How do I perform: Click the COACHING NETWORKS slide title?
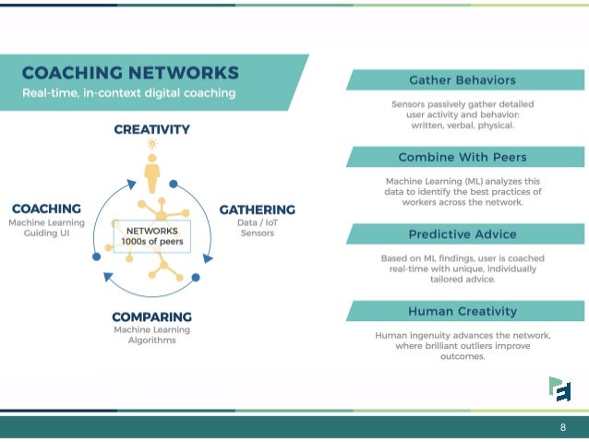130,72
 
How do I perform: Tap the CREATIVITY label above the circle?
151,129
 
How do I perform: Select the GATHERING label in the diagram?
257,209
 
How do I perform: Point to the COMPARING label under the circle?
151,317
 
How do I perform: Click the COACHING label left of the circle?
46,209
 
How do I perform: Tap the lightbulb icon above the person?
152,146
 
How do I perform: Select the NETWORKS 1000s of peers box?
152,236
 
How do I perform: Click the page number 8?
563,428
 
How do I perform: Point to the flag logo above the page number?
559,388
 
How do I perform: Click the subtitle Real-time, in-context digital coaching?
129,93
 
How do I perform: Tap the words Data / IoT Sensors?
257,228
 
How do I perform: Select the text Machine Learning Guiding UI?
46,227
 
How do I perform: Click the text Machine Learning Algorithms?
151,335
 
